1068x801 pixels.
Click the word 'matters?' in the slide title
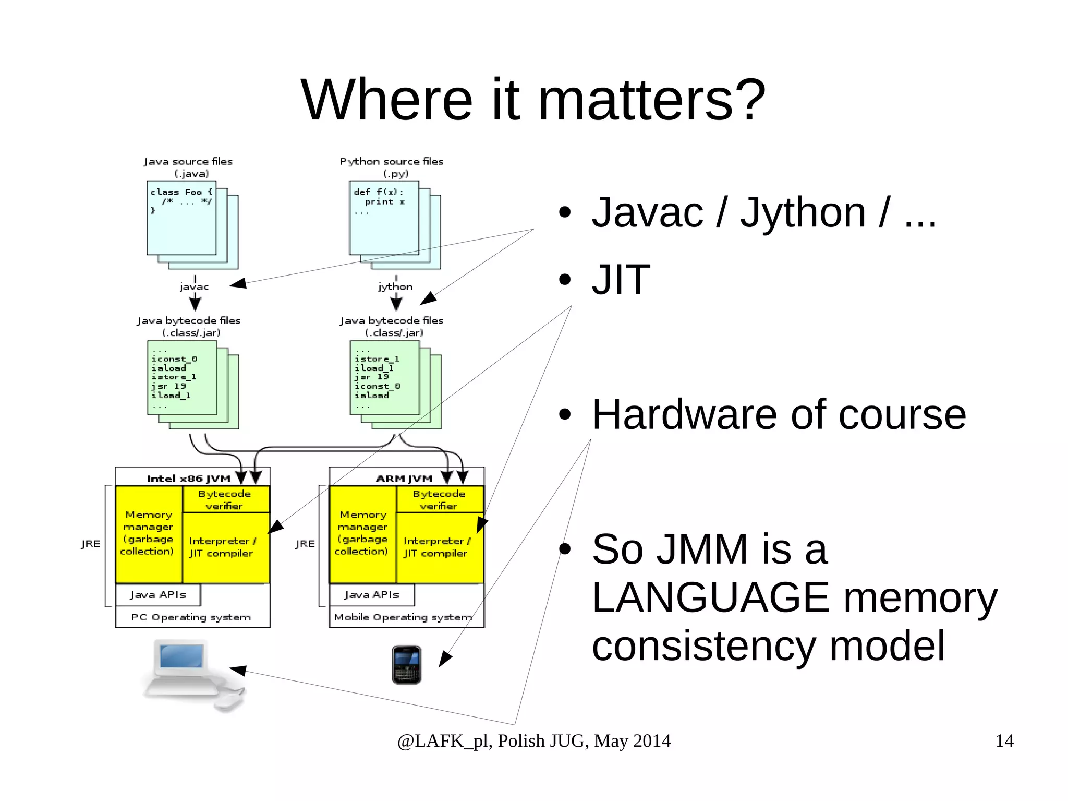pyautogui.click(x=651, y=99)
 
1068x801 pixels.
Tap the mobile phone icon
pyautogui.click(x=406, y=664)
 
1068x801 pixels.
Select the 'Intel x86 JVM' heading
pyautogui.click(x=188, y=479)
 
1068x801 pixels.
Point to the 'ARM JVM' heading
pyautogui.click(x=404, y=479)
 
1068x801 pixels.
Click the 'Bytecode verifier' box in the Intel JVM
pyautogui.click(x=225, y=499)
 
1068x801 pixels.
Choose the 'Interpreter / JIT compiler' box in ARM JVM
pyautogui.click(x=436, y=547)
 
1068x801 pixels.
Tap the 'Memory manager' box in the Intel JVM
pyautogui.click(x=148, y=533)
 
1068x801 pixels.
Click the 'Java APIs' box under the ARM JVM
pyautogui.click(x=372, y=595)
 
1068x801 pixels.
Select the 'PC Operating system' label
pyautogui.click(x=191, y=617)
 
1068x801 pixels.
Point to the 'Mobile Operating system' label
pyautogui.click(x=403, y=617)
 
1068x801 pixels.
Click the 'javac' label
pyautogui.click(x=194, y=286)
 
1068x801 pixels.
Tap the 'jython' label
pyautogui.click(x=395, y=286)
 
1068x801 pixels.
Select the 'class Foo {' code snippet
pyautogui.click(x=181, y=193)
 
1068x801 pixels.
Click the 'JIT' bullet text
pyautogui.click(x=621, y=280)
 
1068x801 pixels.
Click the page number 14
pyautogui.click(x=1004, y=741)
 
